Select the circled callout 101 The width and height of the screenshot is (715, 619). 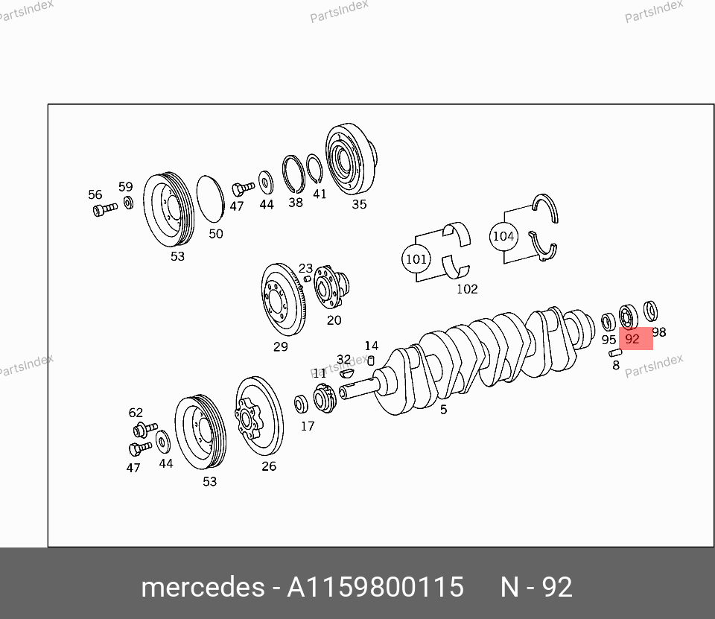pos(416,259)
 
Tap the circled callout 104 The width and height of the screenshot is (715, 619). pos(503,236)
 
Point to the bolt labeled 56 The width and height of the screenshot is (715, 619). pos(105,209)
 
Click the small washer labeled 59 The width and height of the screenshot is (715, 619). pos(129,202)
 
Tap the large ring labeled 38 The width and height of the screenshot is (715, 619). pos(293,174)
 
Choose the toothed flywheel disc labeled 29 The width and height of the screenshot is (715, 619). pos(283,299)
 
